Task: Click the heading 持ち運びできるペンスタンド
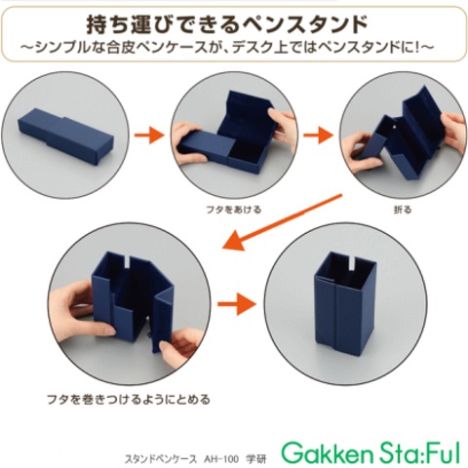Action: [227, 25]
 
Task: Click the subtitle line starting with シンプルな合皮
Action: [227, 48]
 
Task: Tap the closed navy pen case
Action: [65, 135]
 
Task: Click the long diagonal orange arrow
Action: [282, 222]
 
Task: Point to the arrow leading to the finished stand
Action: [237, 304]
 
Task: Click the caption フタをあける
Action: [233, 210]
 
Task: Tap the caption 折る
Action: [403, 210]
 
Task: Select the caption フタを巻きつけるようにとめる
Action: [129, 399]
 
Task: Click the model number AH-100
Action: [221, 459]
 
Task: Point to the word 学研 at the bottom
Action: [256, 459]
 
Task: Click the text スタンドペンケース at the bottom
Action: [161, 459]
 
